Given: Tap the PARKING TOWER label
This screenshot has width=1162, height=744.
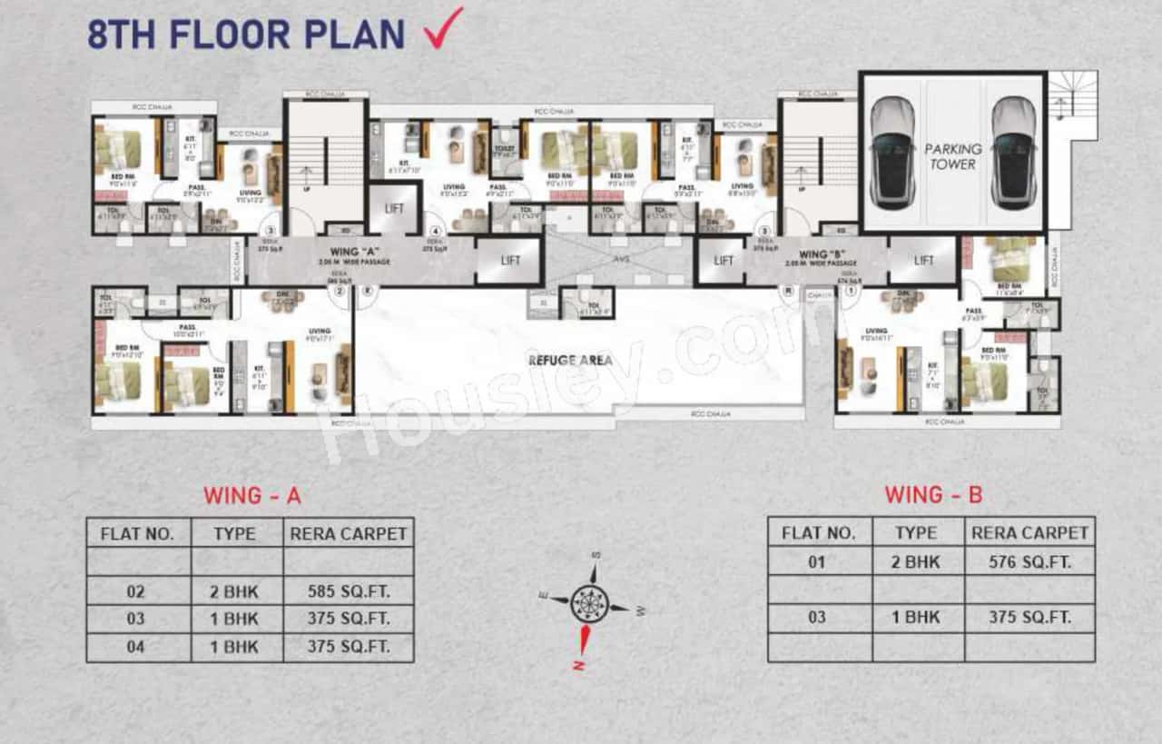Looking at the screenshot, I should click(x=952, y=156).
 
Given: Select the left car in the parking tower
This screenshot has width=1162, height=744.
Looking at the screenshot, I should click(x=892, y=153).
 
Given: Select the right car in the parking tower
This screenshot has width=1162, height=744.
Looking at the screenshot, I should click(x=1013, y=153).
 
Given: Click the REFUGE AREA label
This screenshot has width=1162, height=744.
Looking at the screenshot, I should click(x=570, y=361).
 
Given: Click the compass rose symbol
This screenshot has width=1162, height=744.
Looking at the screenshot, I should click(x=590, y=603).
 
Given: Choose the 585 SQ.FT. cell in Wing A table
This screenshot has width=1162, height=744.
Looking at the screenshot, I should click(x=348, y=591).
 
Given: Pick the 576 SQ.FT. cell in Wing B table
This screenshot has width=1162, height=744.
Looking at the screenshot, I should click(x=1029, y=561).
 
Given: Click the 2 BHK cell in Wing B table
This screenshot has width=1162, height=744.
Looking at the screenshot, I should click(x=917, y=561).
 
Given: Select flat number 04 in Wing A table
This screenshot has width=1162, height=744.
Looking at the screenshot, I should click(x=136, y=647).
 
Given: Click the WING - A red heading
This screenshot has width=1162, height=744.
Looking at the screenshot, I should click(x=251, y=496).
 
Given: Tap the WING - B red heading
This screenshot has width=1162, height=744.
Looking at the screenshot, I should click(x=933, y=496).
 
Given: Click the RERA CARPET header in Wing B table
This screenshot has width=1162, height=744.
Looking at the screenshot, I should click(x=1029, y=532).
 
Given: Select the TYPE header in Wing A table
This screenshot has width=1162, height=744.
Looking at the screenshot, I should click(x=235, y=533).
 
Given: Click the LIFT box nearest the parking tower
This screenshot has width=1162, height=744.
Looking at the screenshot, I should click(x=923, y=260).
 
